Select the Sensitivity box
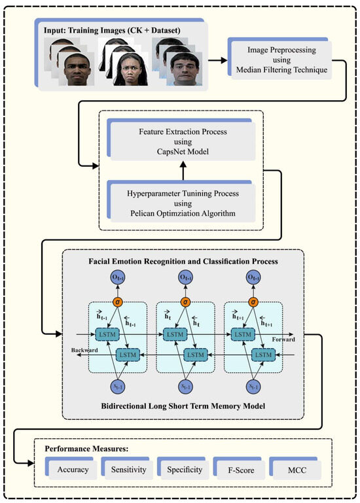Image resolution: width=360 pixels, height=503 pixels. pyautogui.click(x=128, y=470)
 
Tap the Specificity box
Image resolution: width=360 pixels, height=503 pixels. pyautogui.click(x=185, y=470)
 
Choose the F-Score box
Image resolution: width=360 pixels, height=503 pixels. pyautogui.click(x=241, y=470)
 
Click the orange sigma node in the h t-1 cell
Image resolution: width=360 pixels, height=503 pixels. pyautogui.click(x=118, y=302)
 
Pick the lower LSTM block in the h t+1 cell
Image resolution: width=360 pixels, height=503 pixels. pyautogui.click(x=262, y=354)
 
